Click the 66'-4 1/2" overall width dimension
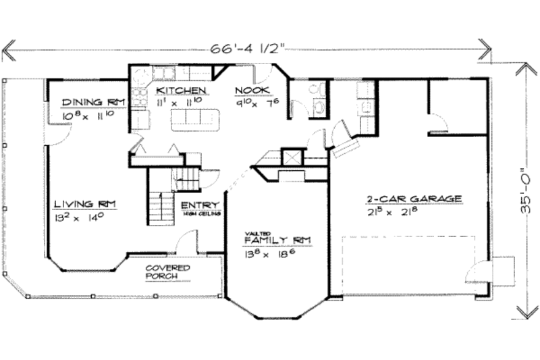click(246, 49)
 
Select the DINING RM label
click(92, 102)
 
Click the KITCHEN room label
click(181, 91)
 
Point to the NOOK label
click(252, 91)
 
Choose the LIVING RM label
click(86, 203)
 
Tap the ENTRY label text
click(199, 205)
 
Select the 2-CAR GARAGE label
click(414, 199)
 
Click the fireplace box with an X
click(293, 157)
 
